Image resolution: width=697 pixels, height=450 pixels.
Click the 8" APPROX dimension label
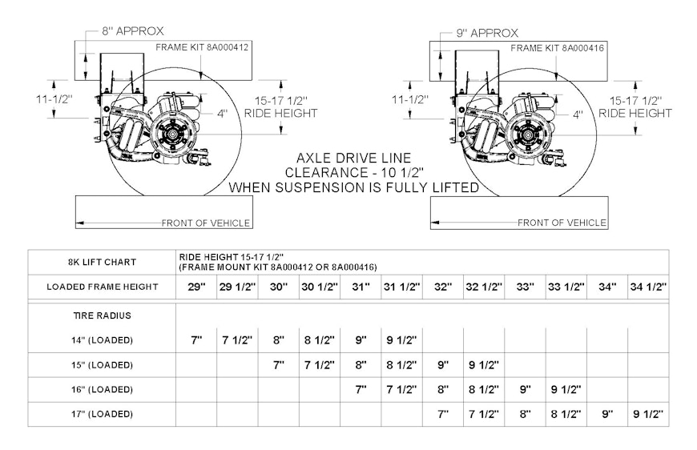point(133,31)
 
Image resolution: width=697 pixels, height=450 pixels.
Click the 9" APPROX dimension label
point(487,33)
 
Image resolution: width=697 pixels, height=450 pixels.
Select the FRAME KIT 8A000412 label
point(202,47)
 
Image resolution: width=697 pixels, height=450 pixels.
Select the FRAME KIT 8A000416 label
point(557,48)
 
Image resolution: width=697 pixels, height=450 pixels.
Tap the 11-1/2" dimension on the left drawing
point(54,98)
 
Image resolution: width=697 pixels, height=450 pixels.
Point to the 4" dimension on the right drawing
point(578,115)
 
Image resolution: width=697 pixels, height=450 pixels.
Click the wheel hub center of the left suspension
point(173,134)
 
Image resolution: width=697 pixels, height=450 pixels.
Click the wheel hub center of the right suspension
point(529,134)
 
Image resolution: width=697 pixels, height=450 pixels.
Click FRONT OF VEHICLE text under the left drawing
point(205,223)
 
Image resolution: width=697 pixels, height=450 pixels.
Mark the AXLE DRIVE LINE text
point(354,159)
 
